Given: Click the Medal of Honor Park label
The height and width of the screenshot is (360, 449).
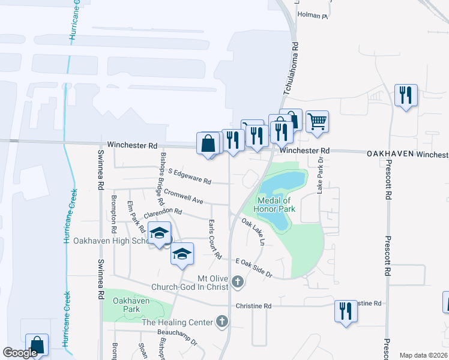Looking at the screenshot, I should [275, 205].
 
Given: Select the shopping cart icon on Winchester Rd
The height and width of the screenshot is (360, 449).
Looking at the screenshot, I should [317, 122].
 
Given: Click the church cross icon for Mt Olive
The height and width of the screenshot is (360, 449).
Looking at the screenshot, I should [238, 281].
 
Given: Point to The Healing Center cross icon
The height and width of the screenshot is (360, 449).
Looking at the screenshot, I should [222, 322].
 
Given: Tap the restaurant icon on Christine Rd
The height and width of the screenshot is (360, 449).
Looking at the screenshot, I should [345, 311].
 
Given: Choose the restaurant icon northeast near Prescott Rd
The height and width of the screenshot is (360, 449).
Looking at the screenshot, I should [406, 95].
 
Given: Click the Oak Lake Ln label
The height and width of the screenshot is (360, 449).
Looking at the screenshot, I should [253, 232].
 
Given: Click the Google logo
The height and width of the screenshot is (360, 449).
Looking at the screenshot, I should [20, 353].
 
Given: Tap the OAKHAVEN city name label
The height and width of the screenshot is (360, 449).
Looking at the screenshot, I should [391, 154].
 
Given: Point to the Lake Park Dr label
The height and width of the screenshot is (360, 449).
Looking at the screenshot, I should [320, 179].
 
